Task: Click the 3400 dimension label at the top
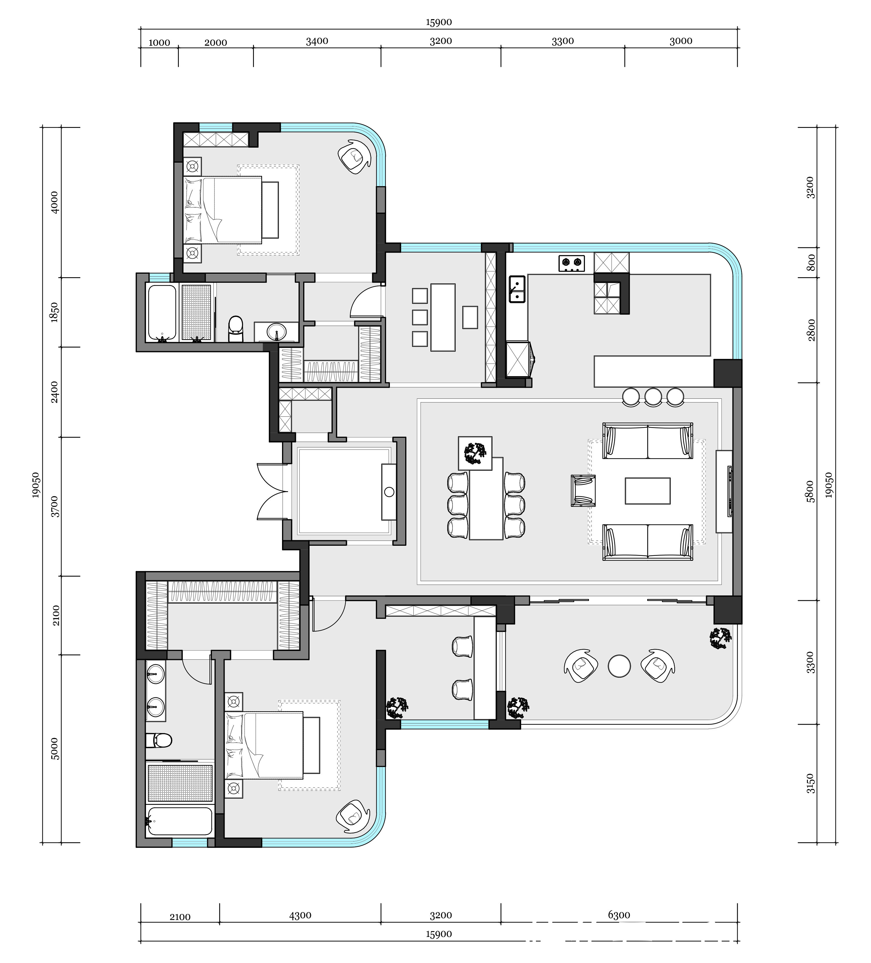(317, 41)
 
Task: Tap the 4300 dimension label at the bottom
(300, 915)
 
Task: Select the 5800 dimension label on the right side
(809, 491)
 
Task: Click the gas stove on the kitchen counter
(572, 264)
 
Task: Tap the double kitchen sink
(517, 289)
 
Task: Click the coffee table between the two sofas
(648, 491)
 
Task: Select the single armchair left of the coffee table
(583, 491)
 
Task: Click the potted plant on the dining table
(475, 453)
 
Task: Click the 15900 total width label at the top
(439, 22)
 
